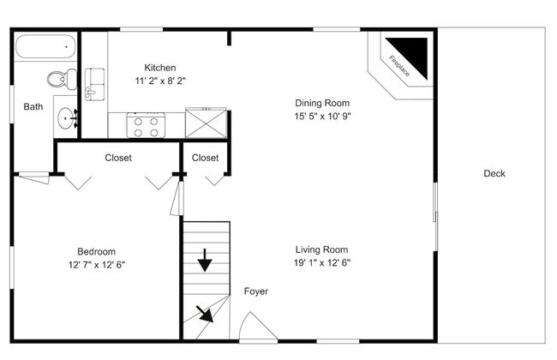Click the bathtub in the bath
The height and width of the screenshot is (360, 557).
point(45,46)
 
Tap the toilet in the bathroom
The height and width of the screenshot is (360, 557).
point(62,79)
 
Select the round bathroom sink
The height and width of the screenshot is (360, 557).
point(67,117)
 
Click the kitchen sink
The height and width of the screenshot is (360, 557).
point(94,84)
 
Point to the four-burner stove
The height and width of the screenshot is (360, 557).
point(146,125)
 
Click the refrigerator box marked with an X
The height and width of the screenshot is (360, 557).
point(206,123)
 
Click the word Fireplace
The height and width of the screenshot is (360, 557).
point(399,66)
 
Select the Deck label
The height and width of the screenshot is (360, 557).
point(494,173)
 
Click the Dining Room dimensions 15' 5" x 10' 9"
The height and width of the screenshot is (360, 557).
point(322,117)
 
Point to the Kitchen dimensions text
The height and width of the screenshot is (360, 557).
point(160,81)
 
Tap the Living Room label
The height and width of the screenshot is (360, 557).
point(322,249)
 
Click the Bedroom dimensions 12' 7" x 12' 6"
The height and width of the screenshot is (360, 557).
point(97,265)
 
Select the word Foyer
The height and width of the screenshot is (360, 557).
point(255,291)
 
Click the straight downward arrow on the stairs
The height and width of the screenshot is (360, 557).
point(205,261)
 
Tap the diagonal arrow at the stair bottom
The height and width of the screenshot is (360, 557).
point(205,314)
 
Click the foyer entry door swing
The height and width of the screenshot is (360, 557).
point(258,326)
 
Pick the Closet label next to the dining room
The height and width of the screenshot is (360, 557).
point(205,158)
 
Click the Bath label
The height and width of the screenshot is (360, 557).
point(33,106)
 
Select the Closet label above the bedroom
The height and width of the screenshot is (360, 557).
point(118,158)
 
